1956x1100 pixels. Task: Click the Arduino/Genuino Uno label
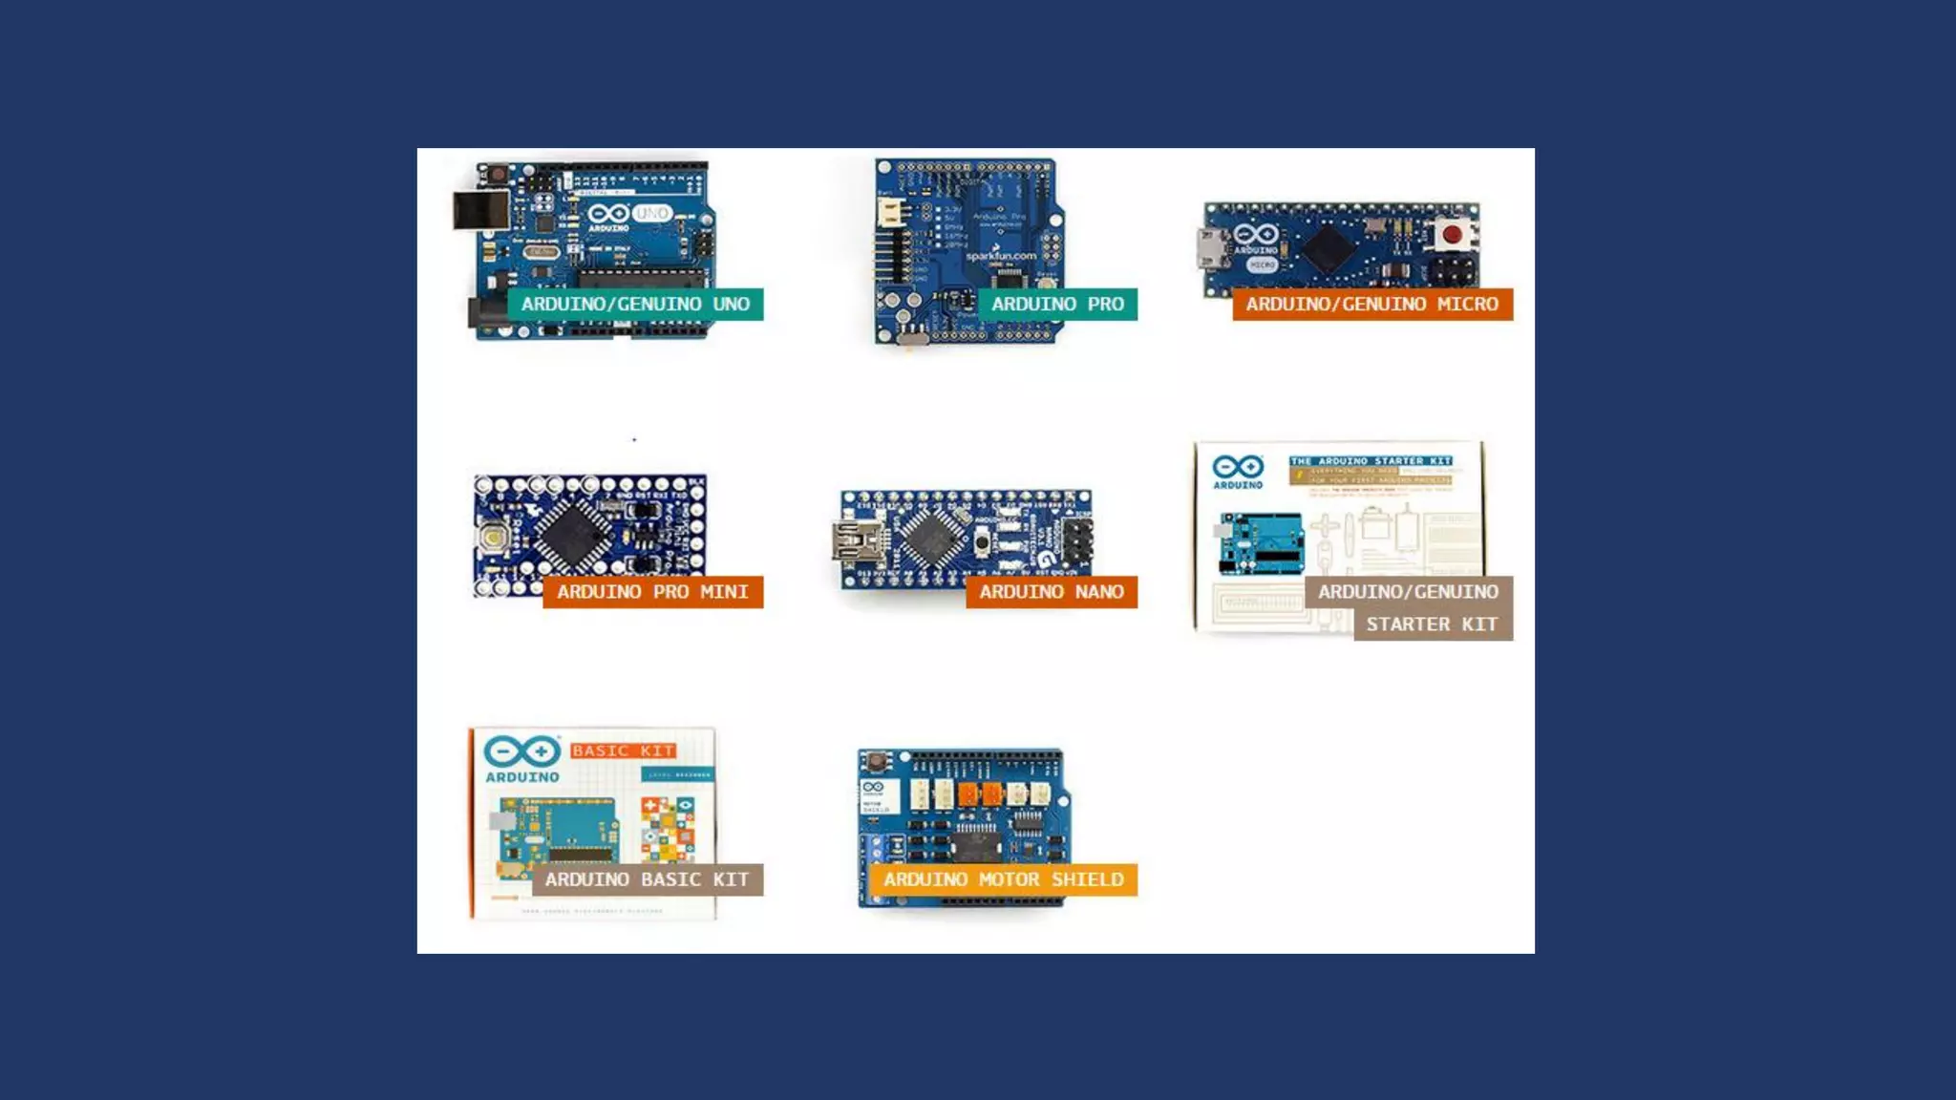coord(635,304)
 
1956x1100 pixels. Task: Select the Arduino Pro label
coord(1057,304)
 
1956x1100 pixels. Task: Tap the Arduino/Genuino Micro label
coord(1371,304)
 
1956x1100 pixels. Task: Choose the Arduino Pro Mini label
coord(652,592)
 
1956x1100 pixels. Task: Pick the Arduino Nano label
coord(1051,592)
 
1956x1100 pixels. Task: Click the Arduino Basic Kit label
coord(647,879)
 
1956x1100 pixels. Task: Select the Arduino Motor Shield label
coord(1003,879)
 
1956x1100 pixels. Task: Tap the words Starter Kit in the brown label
coord(1432,624)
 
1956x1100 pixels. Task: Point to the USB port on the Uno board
coord(480,211)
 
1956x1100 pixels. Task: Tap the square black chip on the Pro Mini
coord(573,531)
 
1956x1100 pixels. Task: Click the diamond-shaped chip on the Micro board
coord(1329,246)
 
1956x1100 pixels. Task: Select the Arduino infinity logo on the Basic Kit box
coord(521,751)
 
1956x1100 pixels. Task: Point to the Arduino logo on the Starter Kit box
coord(1238,468)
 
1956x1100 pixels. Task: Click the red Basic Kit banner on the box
coord(624,751)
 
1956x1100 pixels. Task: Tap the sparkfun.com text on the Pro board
coord(1000,256)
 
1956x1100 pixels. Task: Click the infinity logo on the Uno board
coord(608,213)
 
